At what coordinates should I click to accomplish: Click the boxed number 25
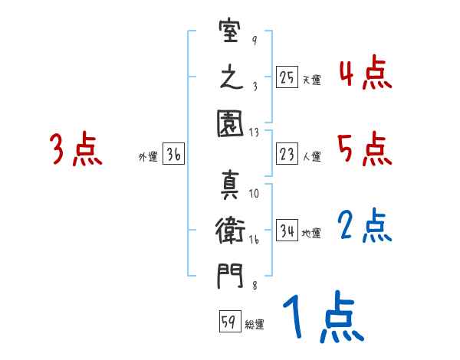click(287, 77)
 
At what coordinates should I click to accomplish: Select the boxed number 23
click(287, 154)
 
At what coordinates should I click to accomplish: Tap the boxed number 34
click(287, 230)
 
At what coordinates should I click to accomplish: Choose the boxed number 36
click(173, 155)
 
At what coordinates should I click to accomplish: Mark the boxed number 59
click(228, 322)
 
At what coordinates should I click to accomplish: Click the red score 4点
click(365, 74)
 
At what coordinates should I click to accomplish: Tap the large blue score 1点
click(322, 317)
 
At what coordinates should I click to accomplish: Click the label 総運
click(255, 325)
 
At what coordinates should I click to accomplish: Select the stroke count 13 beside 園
click(255, 132)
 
